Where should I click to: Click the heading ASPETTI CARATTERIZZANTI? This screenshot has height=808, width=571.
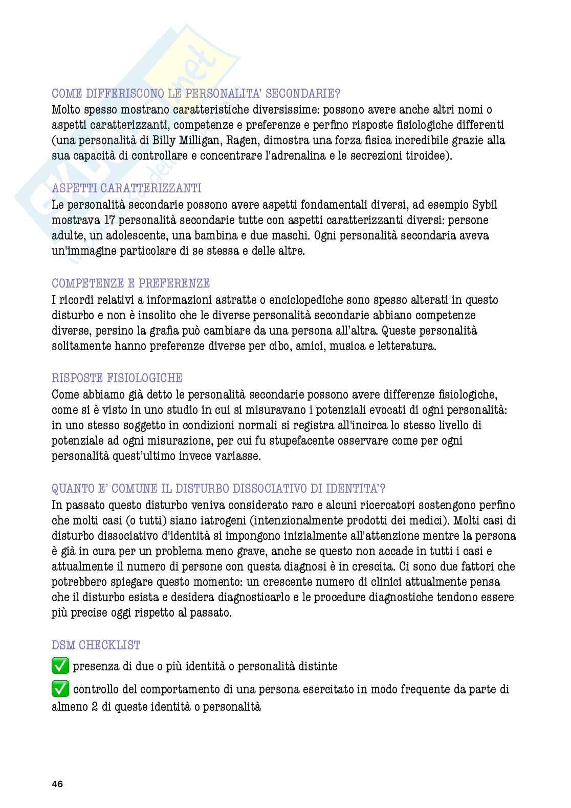pyautogui.click(x=126, y=188)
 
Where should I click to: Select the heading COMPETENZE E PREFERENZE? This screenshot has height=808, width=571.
pyautogui.click(x=131, y=283)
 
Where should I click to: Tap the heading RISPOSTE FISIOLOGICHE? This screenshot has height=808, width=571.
pyautogui.click(x=117, y=378)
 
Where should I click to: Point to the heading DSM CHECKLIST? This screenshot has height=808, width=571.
pyautogui.click(x=96, y=645)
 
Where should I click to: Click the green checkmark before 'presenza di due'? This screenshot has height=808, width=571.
pyautogui.click(x=60, y=666)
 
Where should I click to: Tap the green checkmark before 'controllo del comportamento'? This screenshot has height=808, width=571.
pyautogui.click(x=60, y=690)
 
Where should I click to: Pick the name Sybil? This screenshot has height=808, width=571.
pyautogui.click(x=484, y=205)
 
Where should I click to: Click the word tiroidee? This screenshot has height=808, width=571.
pyautogui.click(x=430, y=156)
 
